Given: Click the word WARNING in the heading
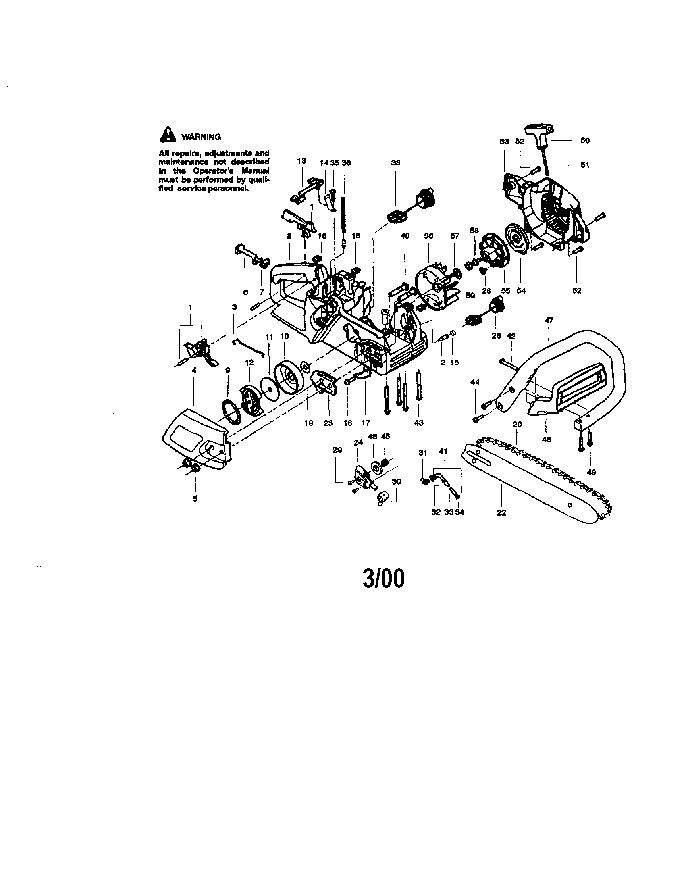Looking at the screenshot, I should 201,137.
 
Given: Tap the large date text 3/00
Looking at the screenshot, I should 383,579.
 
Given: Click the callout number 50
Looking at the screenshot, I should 585,141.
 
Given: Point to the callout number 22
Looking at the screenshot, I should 501,513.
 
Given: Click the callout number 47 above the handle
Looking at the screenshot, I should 549,320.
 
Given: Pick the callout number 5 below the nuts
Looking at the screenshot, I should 195,498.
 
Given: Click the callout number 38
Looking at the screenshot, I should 395,163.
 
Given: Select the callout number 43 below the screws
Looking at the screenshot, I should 419,423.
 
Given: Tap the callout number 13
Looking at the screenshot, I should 301,160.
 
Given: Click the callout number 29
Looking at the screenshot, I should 337,450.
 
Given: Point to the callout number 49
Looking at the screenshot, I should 591,472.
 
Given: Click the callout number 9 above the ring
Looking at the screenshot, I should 228,370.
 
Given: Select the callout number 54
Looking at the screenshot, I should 521,290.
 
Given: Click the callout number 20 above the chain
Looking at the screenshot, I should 517,424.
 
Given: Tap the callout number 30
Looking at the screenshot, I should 396,481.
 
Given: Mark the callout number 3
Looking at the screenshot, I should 234,307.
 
